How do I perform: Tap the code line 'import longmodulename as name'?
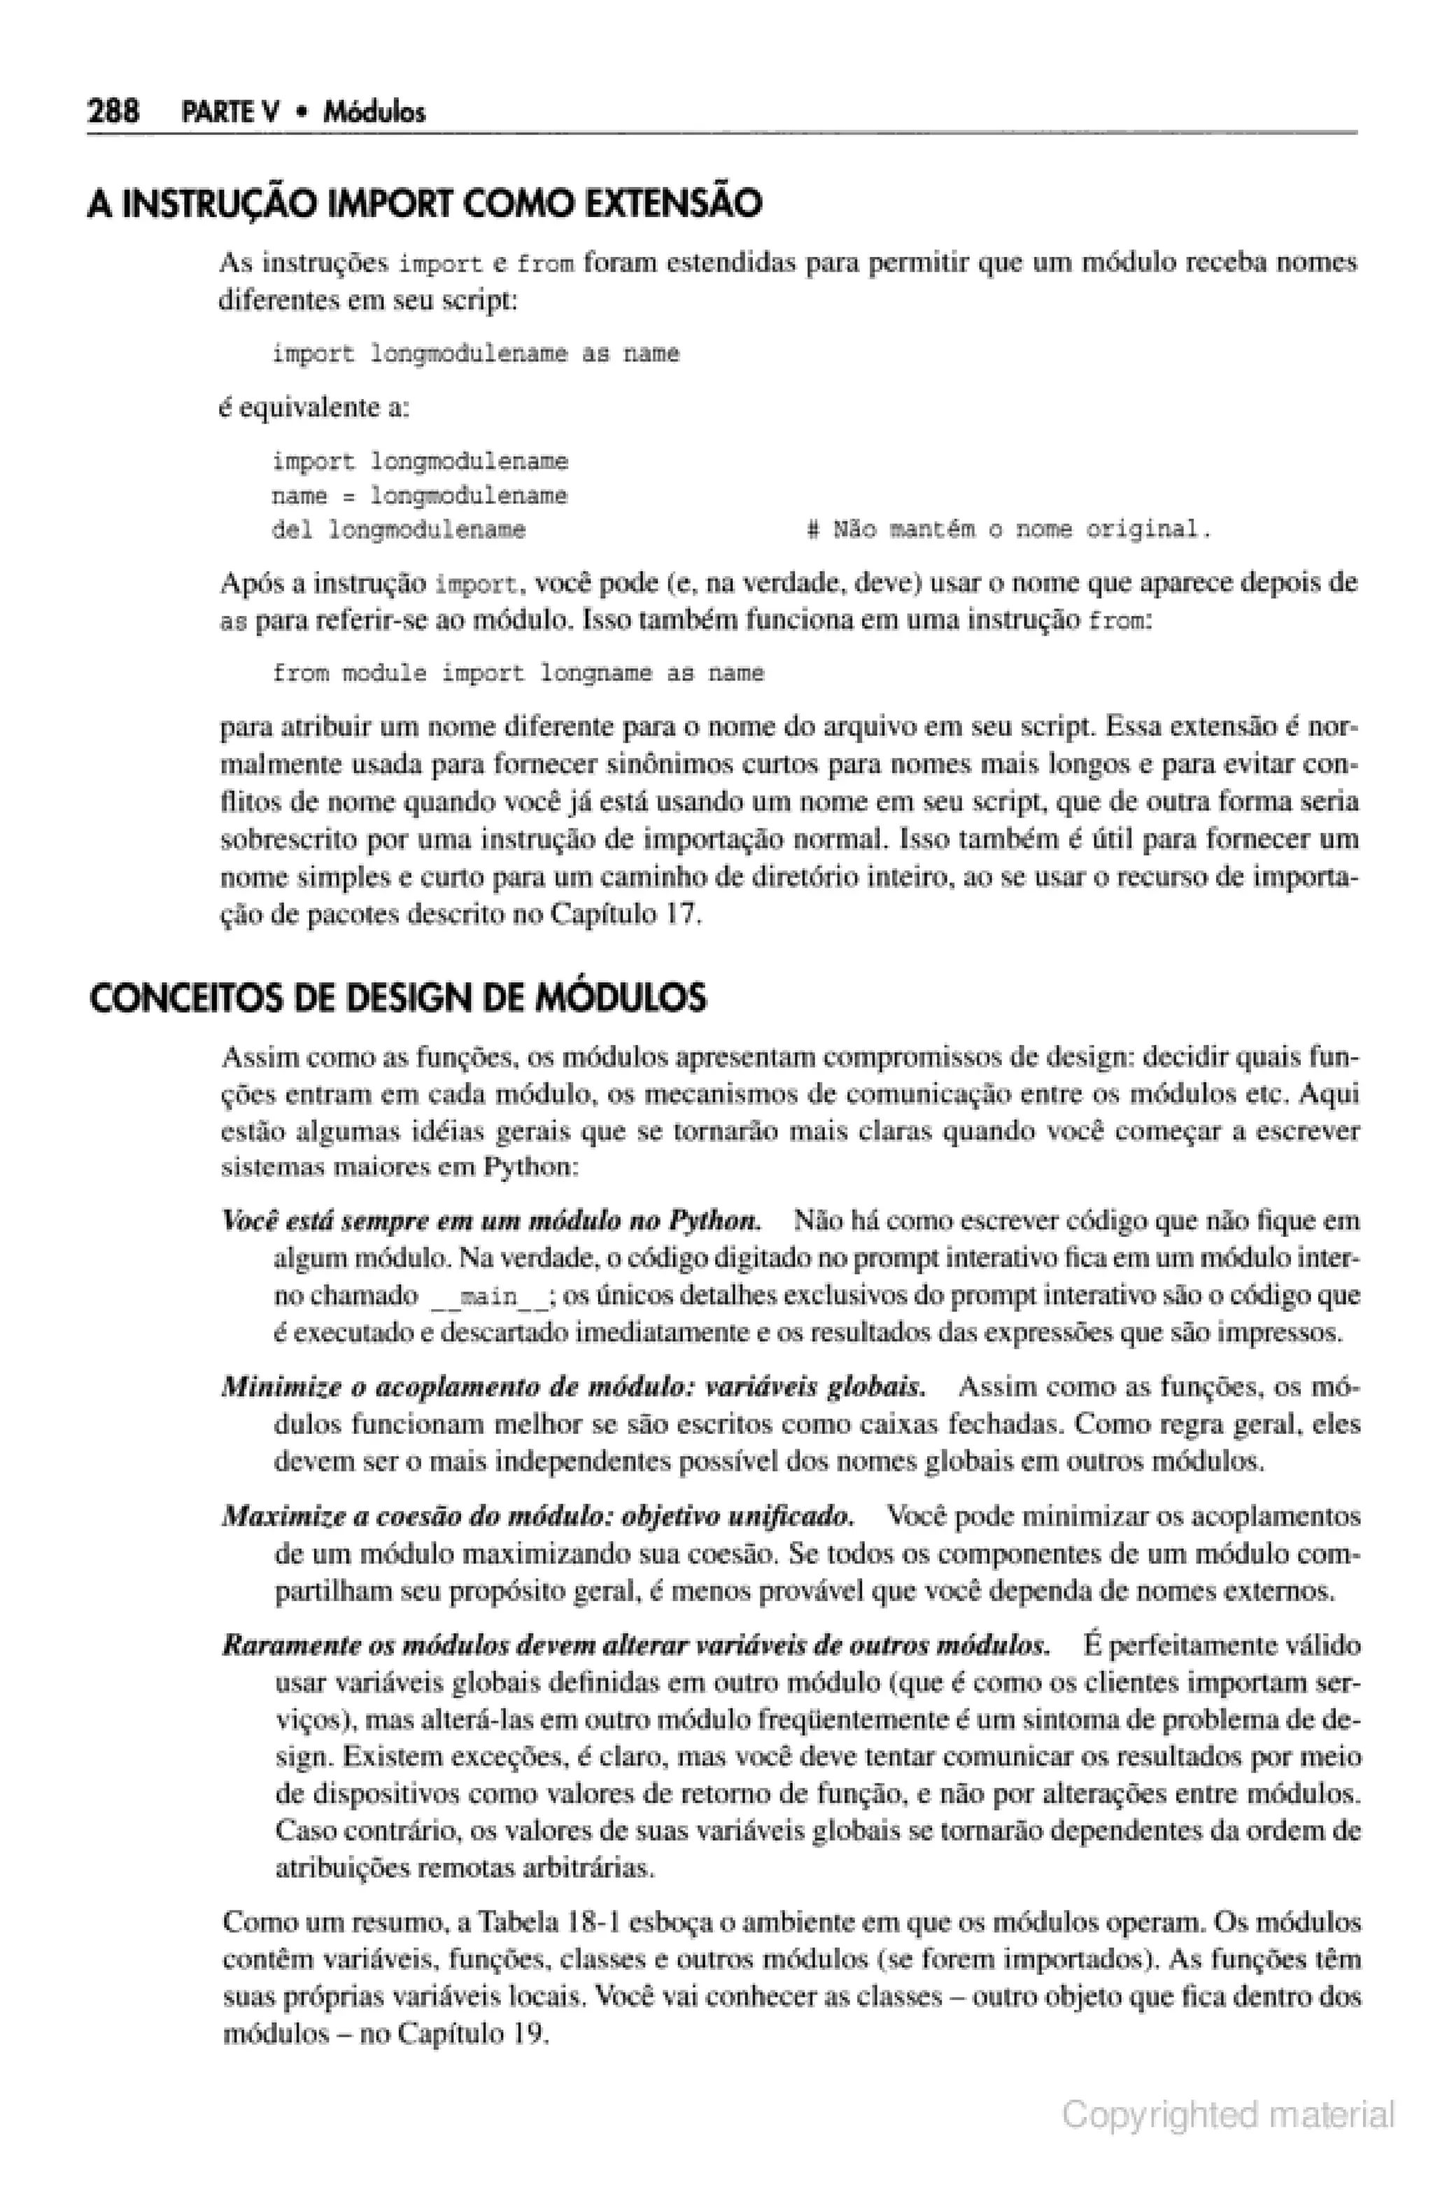click(475, 354)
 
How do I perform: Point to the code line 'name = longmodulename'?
click(419, 496)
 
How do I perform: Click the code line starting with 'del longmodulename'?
click(399, 530)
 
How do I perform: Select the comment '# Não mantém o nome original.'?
click(1008, 530)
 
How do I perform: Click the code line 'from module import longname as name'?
click(518, 673)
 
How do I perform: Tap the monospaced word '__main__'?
click(490, 1297)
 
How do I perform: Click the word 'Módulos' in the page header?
click(376, 113)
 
